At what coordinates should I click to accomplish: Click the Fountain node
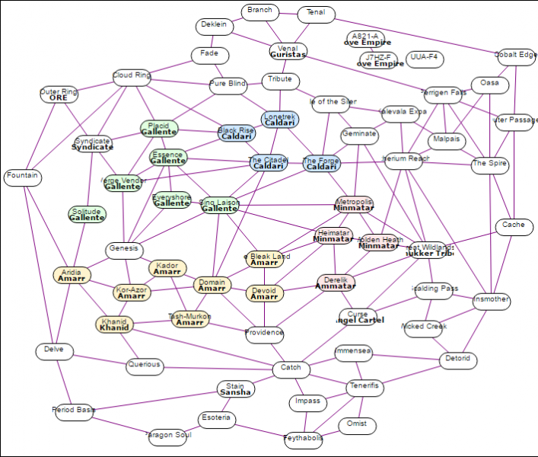(22, 177)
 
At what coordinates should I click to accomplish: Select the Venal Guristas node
(288, 52)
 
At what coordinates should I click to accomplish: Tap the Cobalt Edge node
(515, 55)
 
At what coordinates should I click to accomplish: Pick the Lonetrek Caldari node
(280, 120)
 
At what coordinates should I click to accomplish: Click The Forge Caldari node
(321, 164)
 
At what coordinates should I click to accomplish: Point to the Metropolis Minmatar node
(354, 204)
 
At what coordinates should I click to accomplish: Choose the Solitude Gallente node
(87, 214)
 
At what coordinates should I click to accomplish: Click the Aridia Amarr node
(72, 275)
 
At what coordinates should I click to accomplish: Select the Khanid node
(114, 324)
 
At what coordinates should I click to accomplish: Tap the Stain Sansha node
(235, 388)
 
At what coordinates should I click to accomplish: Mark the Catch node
(291, 369)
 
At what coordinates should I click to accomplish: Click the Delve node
(54, 351)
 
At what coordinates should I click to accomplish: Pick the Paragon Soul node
(168, 436)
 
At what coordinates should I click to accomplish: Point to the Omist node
(357, 424)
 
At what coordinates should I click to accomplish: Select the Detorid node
(458, 359)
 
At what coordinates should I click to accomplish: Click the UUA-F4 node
(425, 58)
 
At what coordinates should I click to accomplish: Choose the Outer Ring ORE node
(59, 95)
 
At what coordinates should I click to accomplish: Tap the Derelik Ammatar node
(336, 283)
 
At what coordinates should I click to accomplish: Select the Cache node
(514, 226)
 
